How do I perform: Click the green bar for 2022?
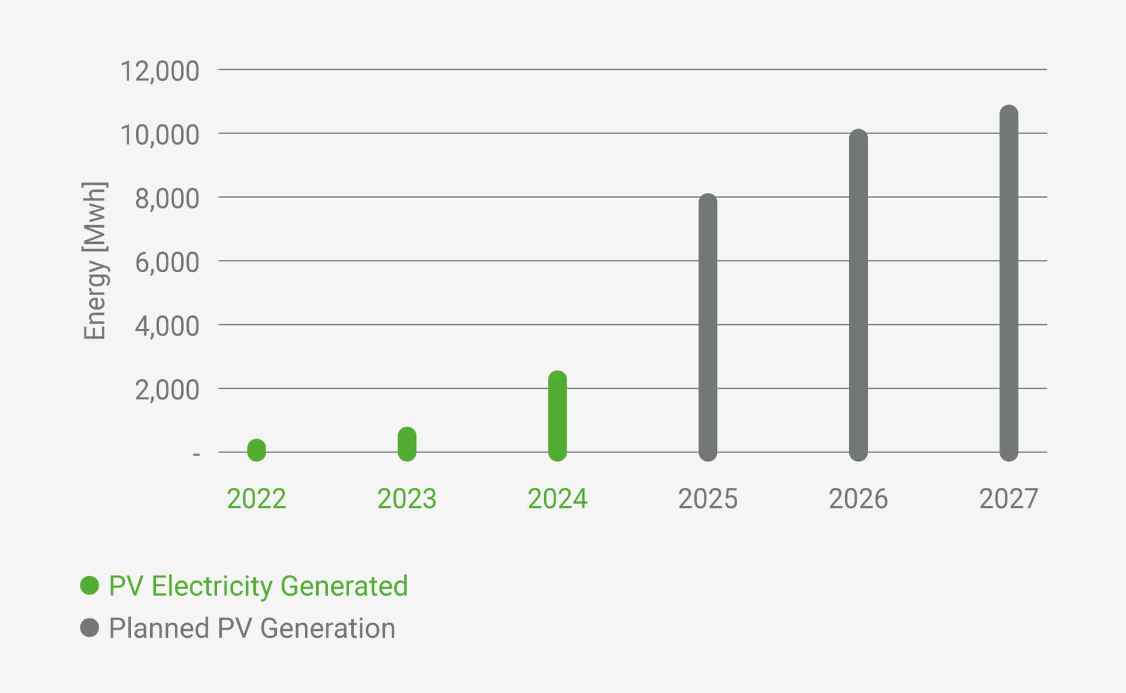pyautogui.click(x=256, y=450)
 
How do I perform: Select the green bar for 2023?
pyautogui.click(x=407, y=444)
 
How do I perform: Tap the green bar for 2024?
pyautogui.click(x=557, y=416)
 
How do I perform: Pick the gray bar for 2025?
pyautogui.click(x=708, y=327)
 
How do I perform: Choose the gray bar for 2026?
pyautogui.click(x=858, y=295)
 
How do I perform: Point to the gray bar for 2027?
pyautogui.click(x=1009, y=283)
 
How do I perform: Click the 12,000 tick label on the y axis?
pyautogui.click(x=160, y=71)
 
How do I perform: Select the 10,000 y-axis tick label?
pyautogui.click(x=160, y=135)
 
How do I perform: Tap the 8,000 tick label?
pyautogui.click(x=167, y=199)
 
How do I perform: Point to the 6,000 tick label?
pyautogui.click(x=167, y=262)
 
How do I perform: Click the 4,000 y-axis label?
pyautogui.click(x=167, y=326)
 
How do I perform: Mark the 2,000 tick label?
pyautogui.click(x=167, y=390)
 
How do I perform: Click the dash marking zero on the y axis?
pyautogui.click(x=196, y=454)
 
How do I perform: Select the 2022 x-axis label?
pyautogui.click(x=256, y=499)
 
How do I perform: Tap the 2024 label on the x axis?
pyautogui.click(x=557, y=499)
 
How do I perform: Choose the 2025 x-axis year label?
pyautogui.click(x=708, y=499)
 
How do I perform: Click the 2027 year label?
pyautogui.click(x=1009, y=499)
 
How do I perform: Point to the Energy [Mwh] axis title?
pyautogui.click(x=94, y=261)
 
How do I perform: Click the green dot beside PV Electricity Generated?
pyautogui.click(x=90, y=586)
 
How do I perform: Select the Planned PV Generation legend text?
pyautogui.click(x=252, y=628)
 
